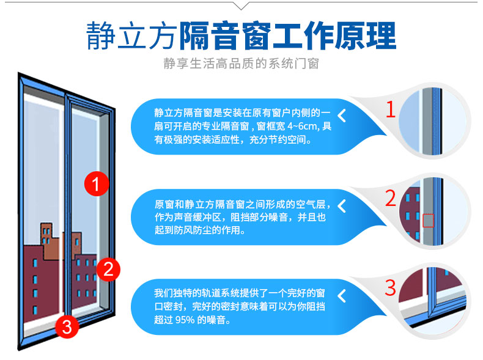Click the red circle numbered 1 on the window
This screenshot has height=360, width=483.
pyautogui.click(x=97, y=183)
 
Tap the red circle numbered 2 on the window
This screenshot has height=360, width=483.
pyautogui.click(x=108, y=269)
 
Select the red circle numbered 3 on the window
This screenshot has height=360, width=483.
pyautogui.click(x=67, y=326)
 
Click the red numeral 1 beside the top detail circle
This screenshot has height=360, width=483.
pyautogui.click(x=391, y=109)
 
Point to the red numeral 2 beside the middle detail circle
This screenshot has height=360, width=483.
pyautogui.click(x=391, y=198)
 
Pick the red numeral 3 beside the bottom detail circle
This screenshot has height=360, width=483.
pyautogui.click(x=390, y=287)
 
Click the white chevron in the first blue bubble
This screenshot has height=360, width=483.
pyautogui.click(x=342, y=116)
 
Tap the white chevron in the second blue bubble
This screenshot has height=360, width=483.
pyautogui.click(x=342, y=206)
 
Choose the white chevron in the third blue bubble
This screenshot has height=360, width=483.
pyautogui.click(x=342, y=296)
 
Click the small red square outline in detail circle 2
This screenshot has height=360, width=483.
pyautogui.click(x=428, y=221)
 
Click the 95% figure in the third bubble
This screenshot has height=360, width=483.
pyautogui.click(x=185, y=320)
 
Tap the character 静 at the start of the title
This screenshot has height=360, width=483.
pyautogui.click(x=100, y=35)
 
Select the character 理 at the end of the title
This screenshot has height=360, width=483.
pyautogui.click(x=382, y=35)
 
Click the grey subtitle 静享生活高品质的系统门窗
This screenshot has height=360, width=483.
pyautogui.click(x=241, y=64)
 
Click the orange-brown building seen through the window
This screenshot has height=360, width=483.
pyautogui.click(x=50, y=241)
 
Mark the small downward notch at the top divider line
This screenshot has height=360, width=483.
pyautogui.click(x=241, y=6)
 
